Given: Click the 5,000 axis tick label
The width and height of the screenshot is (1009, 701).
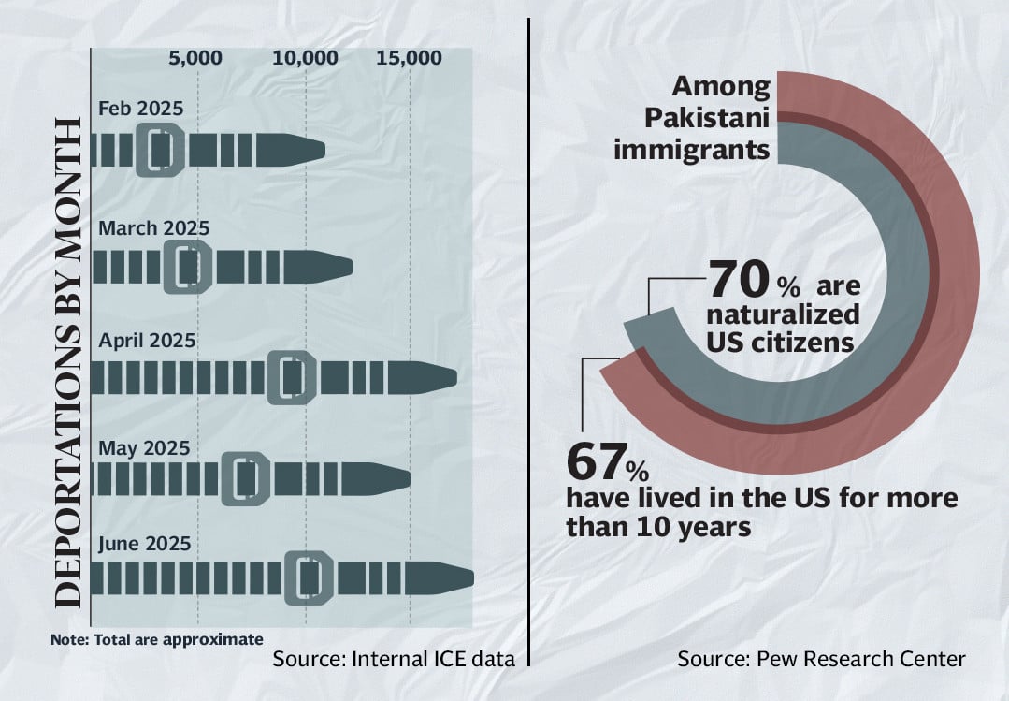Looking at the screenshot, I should point(195,58).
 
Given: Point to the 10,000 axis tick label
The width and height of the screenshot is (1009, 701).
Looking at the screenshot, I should point(306,58).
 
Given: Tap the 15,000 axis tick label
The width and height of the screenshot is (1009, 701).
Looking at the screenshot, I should point(410,58).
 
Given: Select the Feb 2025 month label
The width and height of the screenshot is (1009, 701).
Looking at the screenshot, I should point(141,108).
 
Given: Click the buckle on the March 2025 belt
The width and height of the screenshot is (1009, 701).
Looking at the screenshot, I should point(186,267).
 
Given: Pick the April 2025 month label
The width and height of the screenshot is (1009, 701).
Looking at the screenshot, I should point(147,340).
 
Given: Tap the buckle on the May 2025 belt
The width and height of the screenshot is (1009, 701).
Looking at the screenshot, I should point(246,478).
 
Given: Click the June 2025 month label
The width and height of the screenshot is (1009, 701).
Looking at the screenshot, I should point(145,544).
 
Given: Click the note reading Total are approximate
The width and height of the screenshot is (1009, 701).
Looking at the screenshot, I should point(157,640).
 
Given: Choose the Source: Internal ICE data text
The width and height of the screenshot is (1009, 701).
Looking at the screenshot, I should point(394,659).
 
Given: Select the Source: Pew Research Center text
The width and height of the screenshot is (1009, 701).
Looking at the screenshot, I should point(821,659).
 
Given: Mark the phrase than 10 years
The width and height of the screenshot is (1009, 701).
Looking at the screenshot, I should point(658,526).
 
